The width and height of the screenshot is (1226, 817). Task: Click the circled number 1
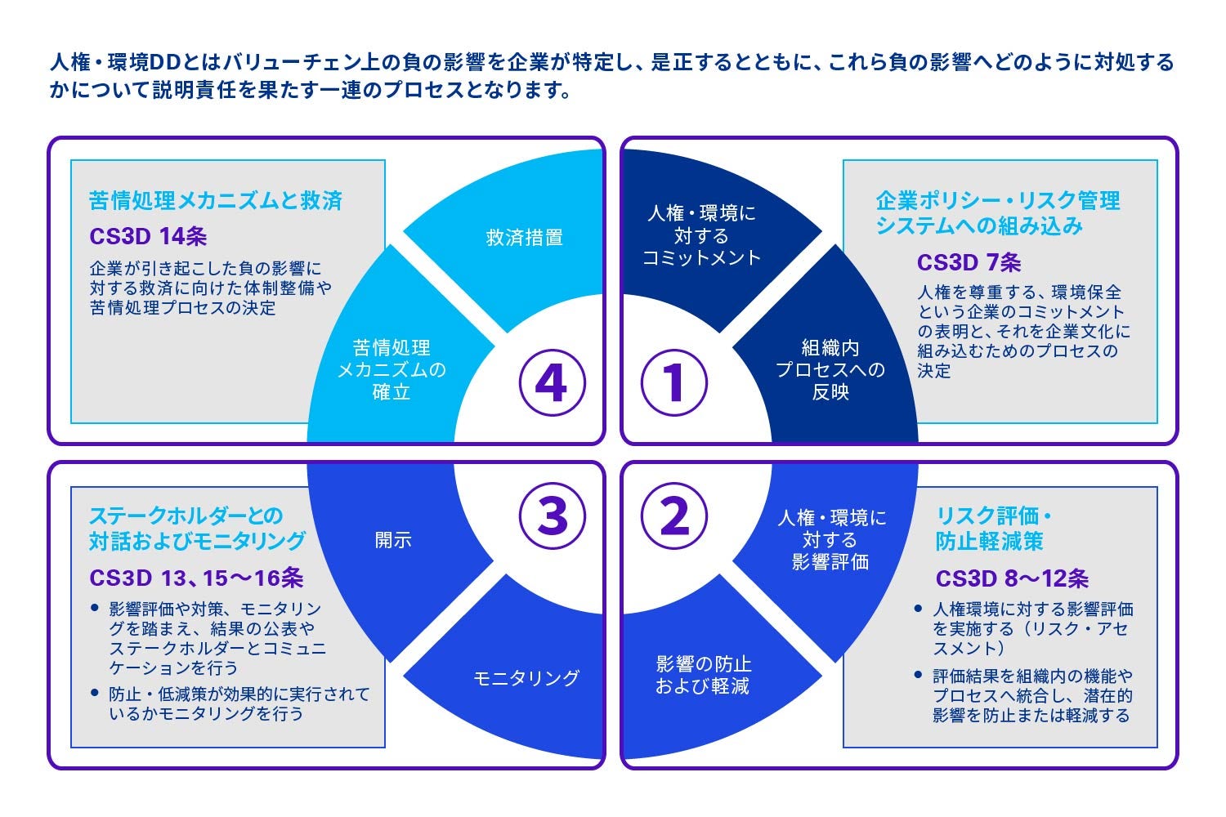coord(673,382)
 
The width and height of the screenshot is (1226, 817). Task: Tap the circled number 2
coord(673,516)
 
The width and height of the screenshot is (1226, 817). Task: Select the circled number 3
coord(553,516)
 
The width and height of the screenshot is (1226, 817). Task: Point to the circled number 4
coord(553,382)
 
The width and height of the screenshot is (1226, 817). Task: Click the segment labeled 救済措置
coord(524,238)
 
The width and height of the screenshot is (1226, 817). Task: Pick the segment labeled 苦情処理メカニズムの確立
coord(392,369)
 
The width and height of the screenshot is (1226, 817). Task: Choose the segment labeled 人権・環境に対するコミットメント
coord(701,235)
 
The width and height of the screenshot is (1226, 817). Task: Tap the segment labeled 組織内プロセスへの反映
coord(830,369)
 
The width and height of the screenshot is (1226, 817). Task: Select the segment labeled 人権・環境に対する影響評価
coord(830,540)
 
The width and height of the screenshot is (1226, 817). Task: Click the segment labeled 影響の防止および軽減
coord(702,675)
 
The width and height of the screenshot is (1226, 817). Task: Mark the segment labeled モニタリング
coord(526,677)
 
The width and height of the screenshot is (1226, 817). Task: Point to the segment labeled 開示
coord(393,540)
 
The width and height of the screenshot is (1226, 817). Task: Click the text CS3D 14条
coord(148,236)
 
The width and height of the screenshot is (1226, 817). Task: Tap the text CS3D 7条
coord(969,262)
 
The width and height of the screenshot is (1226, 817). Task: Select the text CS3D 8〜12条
coord(1012,578)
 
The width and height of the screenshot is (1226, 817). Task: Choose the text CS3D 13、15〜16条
coord(196,578)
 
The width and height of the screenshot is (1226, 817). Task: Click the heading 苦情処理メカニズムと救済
coord(216,201)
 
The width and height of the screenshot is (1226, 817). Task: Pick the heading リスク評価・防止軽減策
coord(992,529)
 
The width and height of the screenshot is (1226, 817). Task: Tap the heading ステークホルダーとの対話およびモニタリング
coord(197,529)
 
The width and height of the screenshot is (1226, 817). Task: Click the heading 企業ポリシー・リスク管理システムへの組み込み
coord(997,213)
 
